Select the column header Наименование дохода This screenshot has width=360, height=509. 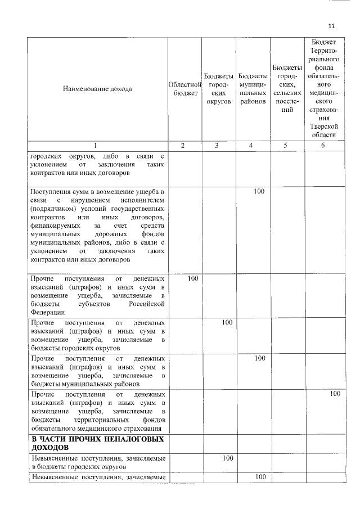click(98, 89)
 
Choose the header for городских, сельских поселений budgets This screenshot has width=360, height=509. click(287, 88)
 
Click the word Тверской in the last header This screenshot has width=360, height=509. click(323, 126)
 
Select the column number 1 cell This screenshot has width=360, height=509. click(98, 145)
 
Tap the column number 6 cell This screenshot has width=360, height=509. click(323, 145)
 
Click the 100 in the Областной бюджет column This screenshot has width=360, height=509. click(192, 278)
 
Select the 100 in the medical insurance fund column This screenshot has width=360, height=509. click(335, 394)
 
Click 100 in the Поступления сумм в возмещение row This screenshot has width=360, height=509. click(259, 192)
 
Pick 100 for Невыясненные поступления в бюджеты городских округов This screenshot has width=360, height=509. click(227, 458)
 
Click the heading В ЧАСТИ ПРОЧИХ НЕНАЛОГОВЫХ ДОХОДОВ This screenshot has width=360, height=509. click(97, 443)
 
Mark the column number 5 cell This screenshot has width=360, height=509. click(287, 145)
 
